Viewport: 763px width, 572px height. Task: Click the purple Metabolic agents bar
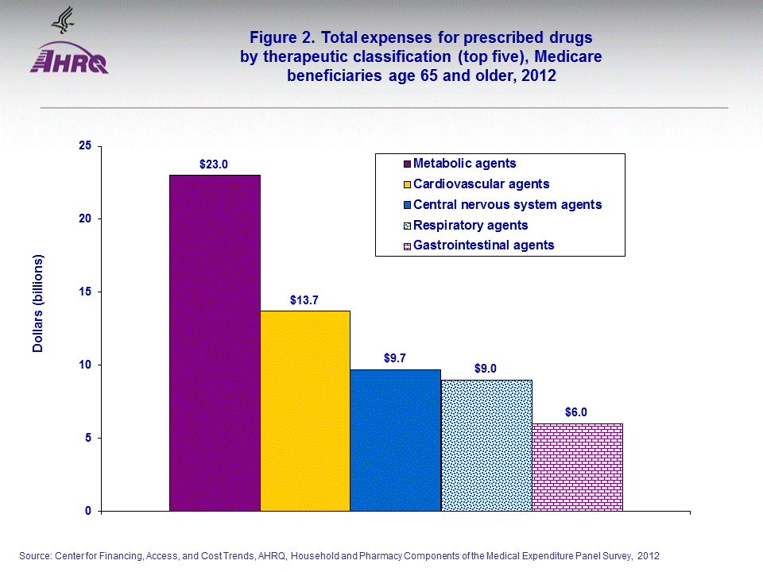(215, 342)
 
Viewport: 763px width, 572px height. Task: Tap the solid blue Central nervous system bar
(396, 440)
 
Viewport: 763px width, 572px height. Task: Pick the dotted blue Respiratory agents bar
(486, 445)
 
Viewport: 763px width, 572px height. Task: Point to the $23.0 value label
(214, 164)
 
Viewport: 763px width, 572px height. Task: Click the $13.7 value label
(304, 300)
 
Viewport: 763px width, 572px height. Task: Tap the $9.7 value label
(395, 358)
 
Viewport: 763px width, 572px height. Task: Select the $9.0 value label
(486, 369)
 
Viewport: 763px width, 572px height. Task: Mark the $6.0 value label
(577, 412)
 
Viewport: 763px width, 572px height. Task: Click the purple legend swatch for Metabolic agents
(406, 164)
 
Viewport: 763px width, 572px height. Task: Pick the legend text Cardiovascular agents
(481, 184)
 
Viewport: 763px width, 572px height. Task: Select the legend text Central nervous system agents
(507, 204)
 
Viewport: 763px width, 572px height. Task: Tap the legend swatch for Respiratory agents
(406, 226)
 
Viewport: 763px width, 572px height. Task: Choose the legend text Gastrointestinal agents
(483, 245)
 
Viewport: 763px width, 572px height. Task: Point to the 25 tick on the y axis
(84, 145)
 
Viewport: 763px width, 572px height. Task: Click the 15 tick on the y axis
(84, 292)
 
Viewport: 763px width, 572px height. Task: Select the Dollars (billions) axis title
(38, 303)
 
